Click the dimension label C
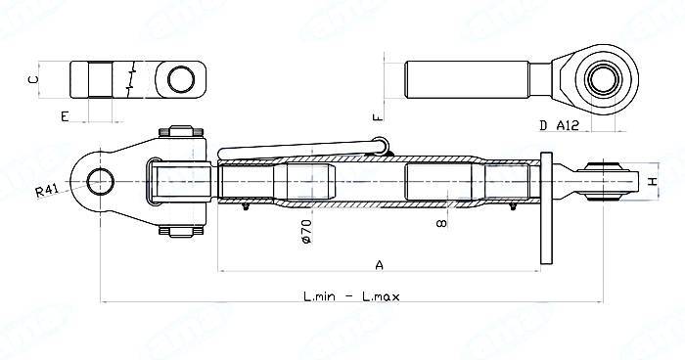(32, 77)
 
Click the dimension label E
(64, 116)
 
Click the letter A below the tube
(380, 263)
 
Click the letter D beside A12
(544, 125)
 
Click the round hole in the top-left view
(178, 77)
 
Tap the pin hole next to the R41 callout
(100, 181)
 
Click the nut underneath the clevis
(179, 232)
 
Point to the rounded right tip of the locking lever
(383, 146)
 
